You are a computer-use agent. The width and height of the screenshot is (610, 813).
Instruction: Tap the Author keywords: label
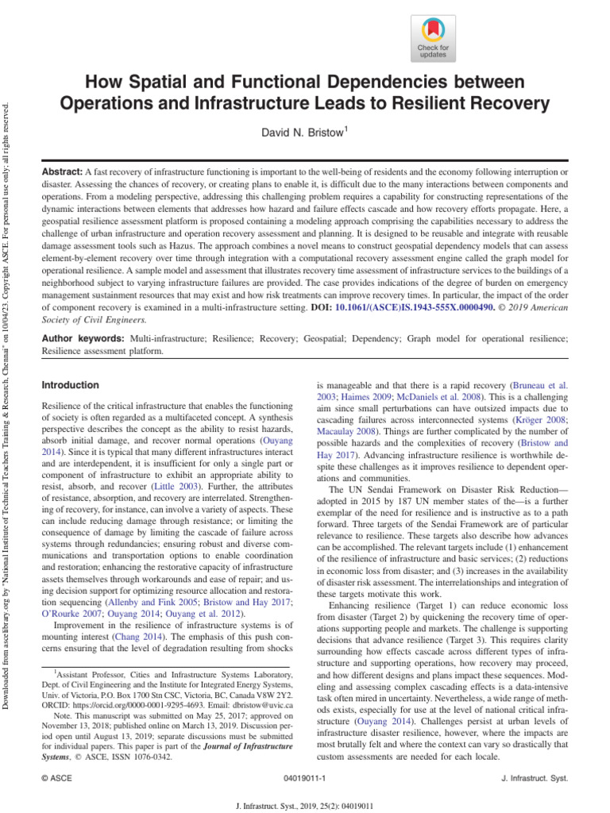pyautogui.click(x=83, y=338)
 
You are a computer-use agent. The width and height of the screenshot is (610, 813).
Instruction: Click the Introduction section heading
pyautogui.click(x=70, y=385)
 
